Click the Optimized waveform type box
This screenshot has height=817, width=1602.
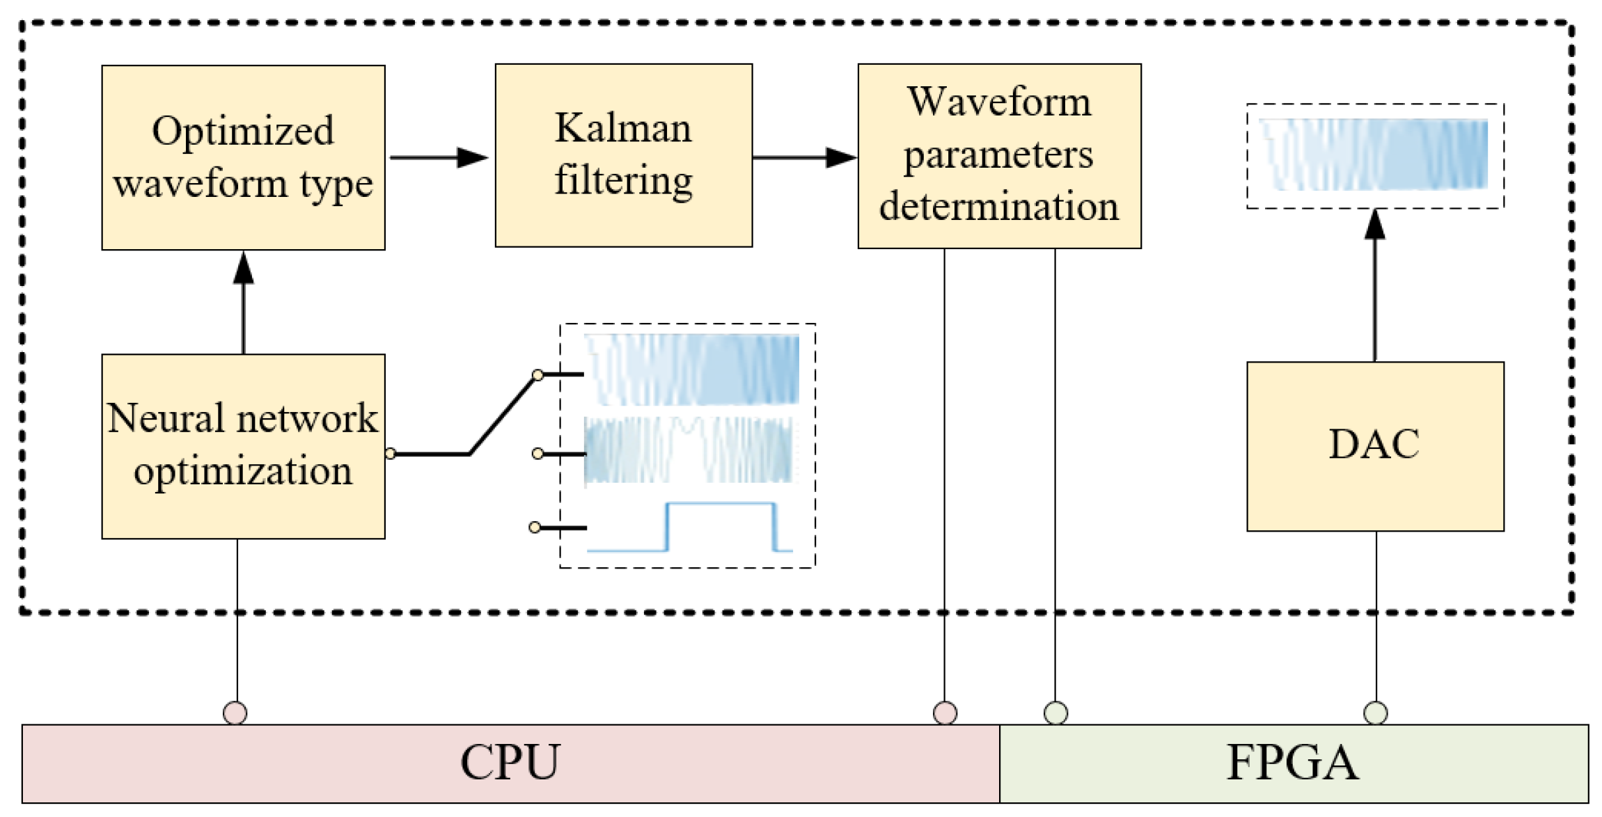(243, 157)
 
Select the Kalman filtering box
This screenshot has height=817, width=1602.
(623, 155)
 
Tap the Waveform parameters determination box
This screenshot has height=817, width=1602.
(998, 156)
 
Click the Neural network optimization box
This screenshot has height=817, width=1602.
(243, 446)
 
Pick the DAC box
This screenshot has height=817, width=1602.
(1374, 446)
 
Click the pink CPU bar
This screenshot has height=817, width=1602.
(510, 763)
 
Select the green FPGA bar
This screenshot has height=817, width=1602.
(1293, 763)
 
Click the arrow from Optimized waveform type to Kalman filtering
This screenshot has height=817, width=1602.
(439, 158)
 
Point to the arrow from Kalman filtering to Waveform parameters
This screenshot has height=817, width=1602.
(804, 158)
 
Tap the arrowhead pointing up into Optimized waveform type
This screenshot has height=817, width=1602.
(243, 268)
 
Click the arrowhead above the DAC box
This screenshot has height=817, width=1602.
(1374, 225)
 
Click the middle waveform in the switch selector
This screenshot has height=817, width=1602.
(689, 450)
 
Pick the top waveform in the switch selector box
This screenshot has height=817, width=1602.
(691, 370)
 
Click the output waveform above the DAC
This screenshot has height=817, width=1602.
(1374, 154)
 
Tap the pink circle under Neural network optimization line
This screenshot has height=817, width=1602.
(235, 713)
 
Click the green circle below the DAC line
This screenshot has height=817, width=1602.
(1375, 713)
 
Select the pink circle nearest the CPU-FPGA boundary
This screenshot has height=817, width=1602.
(945, 713)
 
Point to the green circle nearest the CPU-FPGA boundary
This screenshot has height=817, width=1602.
(1055, 713)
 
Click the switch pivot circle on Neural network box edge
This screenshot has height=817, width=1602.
(391, 454)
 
